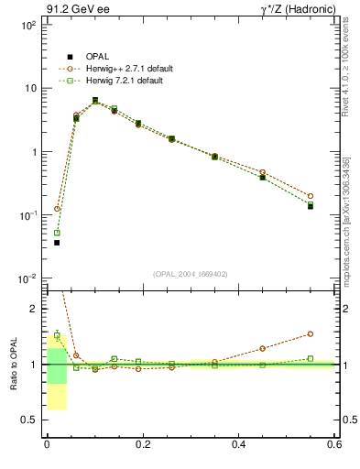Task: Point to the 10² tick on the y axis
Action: click(x=28, y=25)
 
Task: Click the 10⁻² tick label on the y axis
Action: click(x=28, y=278)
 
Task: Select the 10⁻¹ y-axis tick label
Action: click(x=28, y=215)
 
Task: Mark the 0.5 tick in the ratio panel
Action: click(x=32, y=420)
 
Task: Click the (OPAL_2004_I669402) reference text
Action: click(x=191, y=273)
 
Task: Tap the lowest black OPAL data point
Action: click(x=57, y=243)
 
